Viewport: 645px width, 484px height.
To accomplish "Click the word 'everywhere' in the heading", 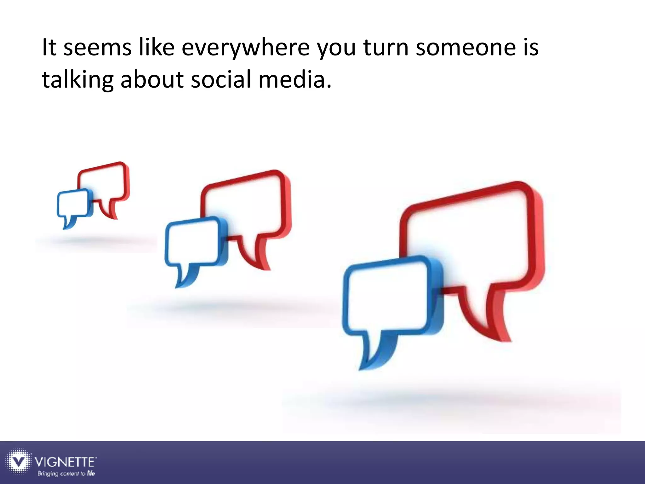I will (246, 48).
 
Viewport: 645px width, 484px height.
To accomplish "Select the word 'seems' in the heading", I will (97, 48).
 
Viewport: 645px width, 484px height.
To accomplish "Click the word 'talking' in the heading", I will (77, 79).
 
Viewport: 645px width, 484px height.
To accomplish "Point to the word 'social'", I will (221, 79).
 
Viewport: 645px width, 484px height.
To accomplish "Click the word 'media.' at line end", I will (295, 79).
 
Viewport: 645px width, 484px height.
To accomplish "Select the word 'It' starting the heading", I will (49, 48).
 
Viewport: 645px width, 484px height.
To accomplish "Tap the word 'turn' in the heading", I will (386, 48).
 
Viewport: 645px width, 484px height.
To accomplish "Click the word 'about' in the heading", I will (152, 79).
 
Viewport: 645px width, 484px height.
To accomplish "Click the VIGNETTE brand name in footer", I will (65, 462).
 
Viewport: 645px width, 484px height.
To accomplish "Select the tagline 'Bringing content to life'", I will (66, 474).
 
